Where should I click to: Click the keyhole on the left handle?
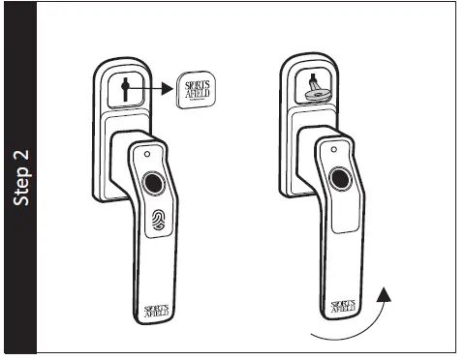click(x=127, y=89)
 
